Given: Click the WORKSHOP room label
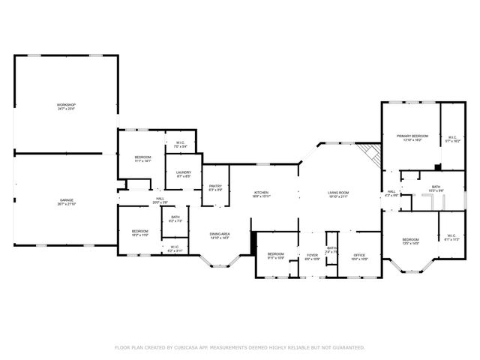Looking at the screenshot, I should (67, 106).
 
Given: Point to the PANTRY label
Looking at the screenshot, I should (215, 187).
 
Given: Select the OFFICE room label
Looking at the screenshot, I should (359, 256).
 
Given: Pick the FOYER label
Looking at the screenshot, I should (313, 256).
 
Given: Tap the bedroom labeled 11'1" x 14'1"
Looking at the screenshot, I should (142, 158).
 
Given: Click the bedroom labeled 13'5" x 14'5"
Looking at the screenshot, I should (409, 240).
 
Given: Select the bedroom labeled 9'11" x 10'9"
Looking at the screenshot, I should (276, 256).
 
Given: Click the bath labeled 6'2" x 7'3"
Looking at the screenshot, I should (175, 218).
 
